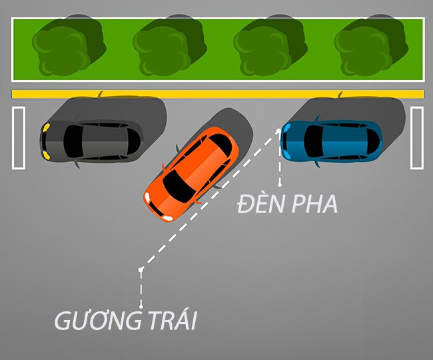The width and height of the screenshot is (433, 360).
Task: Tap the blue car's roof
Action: (x=344, y=141)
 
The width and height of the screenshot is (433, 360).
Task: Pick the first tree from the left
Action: (x=69, y=46)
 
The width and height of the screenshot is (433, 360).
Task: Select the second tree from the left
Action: (x=170, y=46)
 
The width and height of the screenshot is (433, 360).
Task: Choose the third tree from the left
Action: (x=270, y=46)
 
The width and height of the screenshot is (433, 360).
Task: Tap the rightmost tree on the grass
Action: (x=372, y=46)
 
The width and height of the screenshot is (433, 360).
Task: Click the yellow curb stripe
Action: (x=218, y=94)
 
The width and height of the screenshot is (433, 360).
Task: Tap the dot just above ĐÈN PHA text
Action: (x=280, y=185)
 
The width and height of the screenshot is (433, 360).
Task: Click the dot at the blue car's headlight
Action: (x=278, y=131)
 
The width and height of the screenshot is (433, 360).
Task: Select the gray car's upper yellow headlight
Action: (x=46, y=127)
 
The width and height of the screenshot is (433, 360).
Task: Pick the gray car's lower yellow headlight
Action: (x=46, y=155)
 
